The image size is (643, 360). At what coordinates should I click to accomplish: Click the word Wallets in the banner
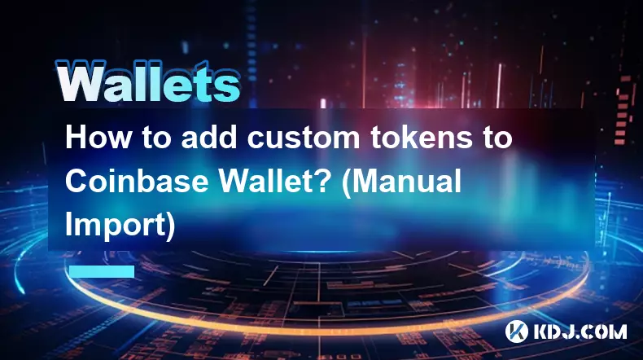[147, 81]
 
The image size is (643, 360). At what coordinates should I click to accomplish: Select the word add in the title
[209, 138]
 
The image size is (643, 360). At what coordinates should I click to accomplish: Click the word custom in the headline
[303, 138]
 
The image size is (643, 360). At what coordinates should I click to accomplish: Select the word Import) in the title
[120, 226]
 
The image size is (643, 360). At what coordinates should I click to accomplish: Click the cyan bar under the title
[102, 271]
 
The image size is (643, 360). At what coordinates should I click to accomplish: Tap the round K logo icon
[517, 331]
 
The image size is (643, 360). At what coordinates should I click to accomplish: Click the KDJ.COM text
[580, 331]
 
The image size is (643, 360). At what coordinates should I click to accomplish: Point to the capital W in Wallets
[80, 81]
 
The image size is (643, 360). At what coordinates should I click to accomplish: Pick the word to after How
[155, 138]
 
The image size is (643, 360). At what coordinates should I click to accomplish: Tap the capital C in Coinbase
[77, 182]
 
